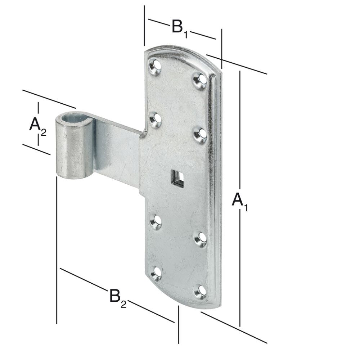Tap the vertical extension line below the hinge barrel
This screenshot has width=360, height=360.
point(57,252)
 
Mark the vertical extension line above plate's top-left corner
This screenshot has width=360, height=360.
point(144,25)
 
